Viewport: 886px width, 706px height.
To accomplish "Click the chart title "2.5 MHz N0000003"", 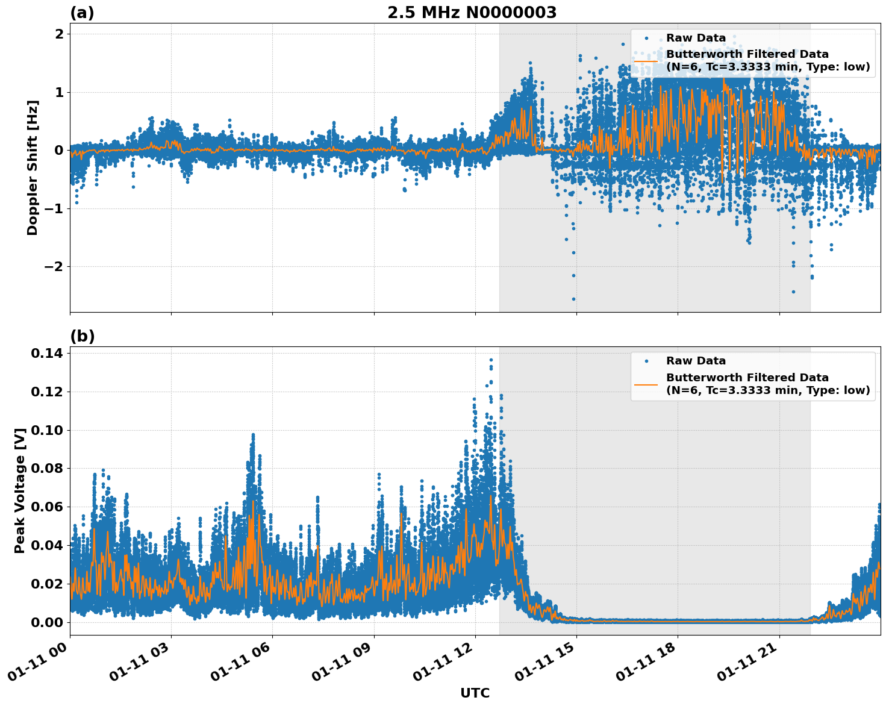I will click(472, 13).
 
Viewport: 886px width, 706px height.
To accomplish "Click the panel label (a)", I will click(82, 13).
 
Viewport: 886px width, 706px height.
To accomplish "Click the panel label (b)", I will click(82, 336).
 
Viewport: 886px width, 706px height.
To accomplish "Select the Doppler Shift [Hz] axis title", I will click(33, 167).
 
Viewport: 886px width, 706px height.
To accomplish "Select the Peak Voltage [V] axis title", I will click(20, 490).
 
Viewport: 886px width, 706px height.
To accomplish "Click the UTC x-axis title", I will click(475, 693).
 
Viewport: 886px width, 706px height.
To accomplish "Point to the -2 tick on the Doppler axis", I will click(54, 266).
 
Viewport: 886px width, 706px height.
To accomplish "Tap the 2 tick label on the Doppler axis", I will click(59, 34).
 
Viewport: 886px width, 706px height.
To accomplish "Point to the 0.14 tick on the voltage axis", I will click(47, 353).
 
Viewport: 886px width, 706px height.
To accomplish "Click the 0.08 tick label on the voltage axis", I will click(47, 468).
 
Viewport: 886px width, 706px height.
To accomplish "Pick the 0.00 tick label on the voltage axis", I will click(47, 622).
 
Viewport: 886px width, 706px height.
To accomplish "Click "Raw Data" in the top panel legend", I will click(696, 38).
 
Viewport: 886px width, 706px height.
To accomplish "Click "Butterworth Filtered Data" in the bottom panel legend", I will click(747, 378).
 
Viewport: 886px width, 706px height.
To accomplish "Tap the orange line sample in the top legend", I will click(646, 60).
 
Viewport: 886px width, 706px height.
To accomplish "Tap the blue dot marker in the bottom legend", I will click(646, 361).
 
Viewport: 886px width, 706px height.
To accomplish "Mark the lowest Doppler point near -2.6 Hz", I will click(573, 299).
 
